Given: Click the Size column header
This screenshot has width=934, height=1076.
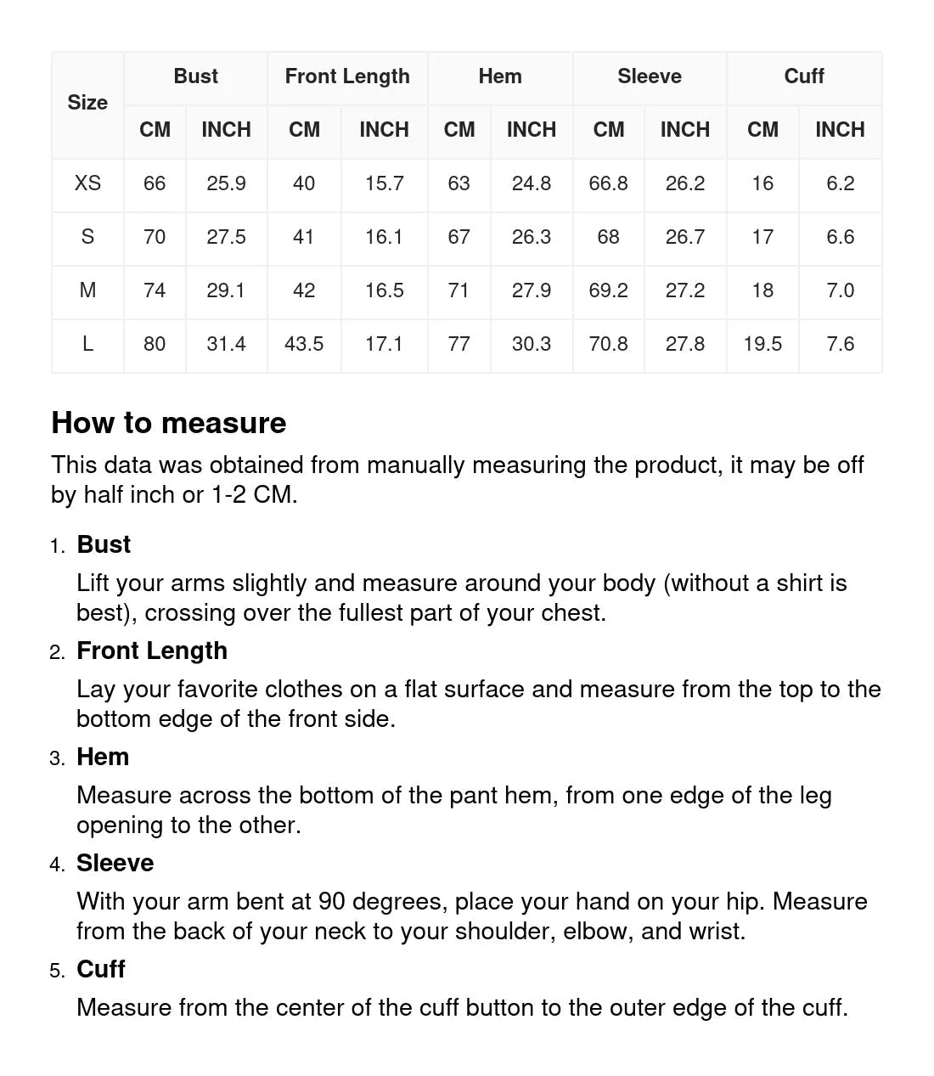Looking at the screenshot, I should click(87, 103).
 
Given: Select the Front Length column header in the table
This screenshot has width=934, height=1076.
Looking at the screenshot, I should click(347, 76).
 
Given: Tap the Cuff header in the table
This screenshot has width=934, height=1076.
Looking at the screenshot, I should click(803, 76).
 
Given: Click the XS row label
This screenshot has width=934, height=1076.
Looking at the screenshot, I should click(87, 183).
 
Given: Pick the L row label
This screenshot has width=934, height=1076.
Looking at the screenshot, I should click(87, 344).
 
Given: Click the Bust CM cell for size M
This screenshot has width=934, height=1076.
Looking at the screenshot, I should click(155, 290).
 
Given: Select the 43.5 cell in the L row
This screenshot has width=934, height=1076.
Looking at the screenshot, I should click(304, 344).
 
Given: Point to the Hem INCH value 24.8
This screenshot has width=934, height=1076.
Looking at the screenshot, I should click(531, 183).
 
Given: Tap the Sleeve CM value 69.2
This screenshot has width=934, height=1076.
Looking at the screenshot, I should click(608, 290).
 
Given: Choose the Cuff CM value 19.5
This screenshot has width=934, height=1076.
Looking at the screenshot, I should click(762, 344).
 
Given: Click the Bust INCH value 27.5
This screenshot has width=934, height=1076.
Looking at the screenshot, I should click(226, 237).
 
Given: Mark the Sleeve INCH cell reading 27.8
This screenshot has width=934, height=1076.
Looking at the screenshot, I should click(684, 344).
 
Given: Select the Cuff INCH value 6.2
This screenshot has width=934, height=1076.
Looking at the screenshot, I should click(840, 183).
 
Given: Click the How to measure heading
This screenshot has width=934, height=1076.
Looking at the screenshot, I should click(169, 423).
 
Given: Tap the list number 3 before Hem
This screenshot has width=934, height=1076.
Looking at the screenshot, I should click(57, 758).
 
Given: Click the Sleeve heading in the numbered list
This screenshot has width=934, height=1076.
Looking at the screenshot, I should click(115, 863).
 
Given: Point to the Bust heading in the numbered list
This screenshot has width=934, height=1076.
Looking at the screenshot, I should click(104, 544).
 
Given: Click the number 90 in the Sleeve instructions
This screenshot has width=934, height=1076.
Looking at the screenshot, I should click(331, 901).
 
